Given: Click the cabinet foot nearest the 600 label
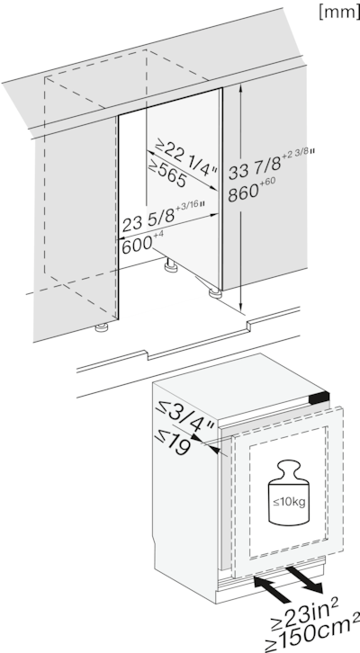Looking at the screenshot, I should click(x=167, y=266).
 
